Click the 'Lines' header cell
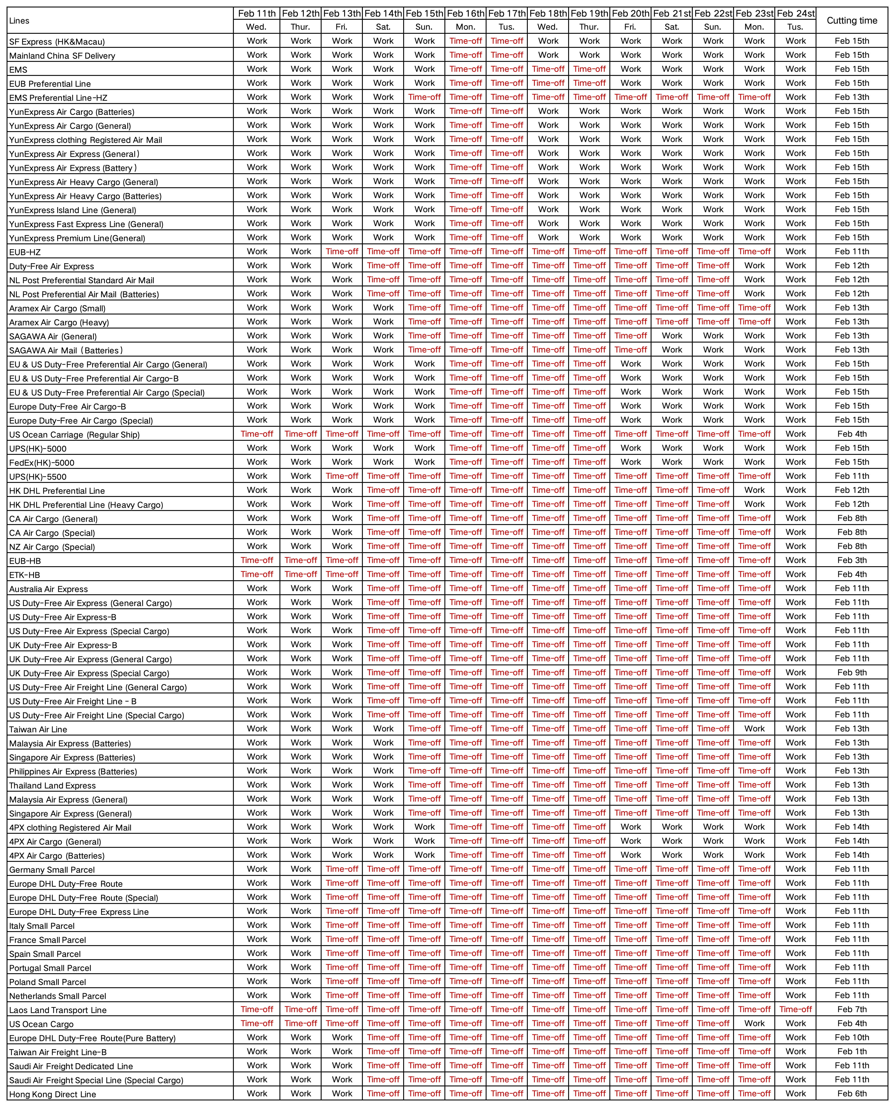(x=19, y=21)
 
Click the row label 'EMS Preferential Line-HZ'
(x=58, y=97)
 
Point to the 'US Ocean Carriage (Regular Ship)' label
(x=74, y=434)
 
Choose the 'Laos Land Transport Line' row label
(x=58, y=1010)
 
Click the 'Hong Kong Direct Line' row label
(x=53, y=1094)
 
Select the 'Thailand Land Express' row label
(x=53, y=786)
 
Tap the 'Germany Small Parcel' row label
(x=52, y=870)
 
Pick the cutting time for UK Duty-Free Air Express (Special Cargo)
(x=852, y=673)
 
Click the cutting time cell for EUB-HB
(x=852, y=560)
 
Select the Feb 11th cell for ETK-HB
(x=257, y=574)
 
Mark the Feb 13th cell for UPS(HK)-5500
(x=342, y=476)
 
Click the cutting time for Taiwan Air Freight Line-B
(x=852, y=1051)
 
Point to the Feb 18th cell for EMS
(x=548, y=69)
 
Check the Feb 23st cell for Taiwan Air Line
(x=754, y=729)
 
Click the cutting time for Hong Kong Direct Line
(x=852, y=1094)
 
